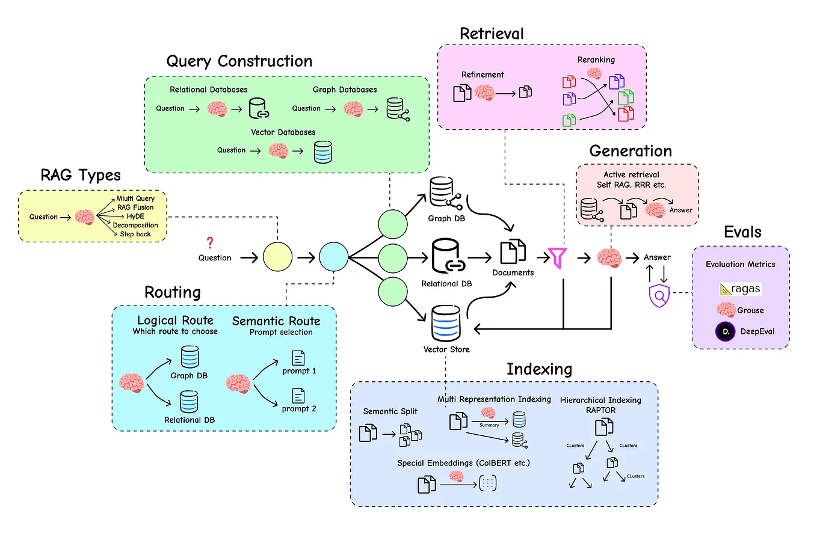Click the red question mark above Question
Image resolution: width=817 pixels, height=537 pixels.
[209, 243]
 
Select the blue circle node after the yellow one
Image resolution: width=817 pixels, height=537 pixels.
[334, 257]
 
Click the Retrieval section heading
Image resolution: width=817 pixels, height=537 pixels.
[492, 33]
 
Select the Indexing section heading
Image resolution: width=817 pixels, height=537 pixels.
[539, 369]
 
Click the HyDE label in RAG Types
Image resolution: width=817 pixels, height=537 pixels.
[128, 216]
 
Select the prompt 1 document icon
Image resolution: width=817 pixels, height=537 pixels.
[298, 358]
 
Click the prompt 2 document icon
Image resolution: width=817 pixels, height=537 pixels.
[298, 396]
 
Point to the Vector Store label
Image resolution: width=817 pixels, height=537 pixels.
[446, 349]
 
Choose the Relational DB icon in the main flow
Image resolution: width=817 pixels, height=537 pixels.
[447, 257]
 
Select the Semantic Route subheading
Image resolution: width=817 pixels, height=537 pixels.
[276, 321]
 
